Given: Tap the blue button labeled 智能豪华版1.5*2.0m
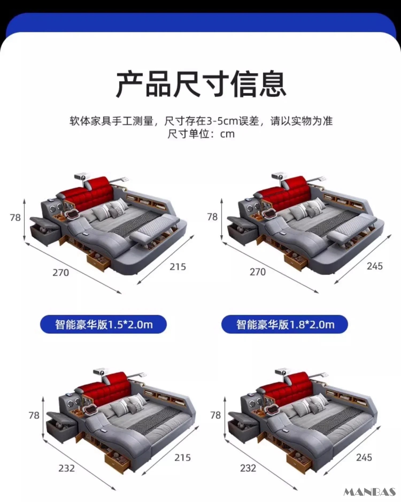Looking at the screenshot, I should (x=103, y=325).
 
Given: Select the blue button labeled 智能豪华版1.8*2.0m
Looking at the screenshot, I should (x=285, y=325).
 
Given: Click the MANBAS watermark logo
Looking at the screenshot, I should (x=369, y=492).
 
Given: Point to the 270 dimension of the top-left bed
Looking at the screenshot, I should (x=61, y=273).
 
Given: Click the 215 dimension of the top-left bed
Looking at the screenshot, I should (x=178, y=267).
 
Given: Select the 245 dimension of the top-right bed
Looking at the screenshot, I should (x=375, y=266).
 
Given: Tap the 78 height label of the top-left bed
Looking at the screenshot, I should (x=15, y=218).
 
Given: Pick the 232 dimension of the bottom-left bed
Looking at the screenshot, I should (x=66, y=468).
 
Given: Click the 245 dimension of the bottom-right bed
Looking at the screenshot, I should (x=364, y=457).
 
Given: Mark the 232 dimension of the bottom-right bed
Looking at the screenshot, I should (x=248, y=468).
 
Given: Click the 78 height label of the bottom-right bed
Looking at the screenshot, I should (x=215, y=415).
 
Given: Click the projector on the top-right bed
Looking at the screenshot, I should (x=279, y=177).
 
